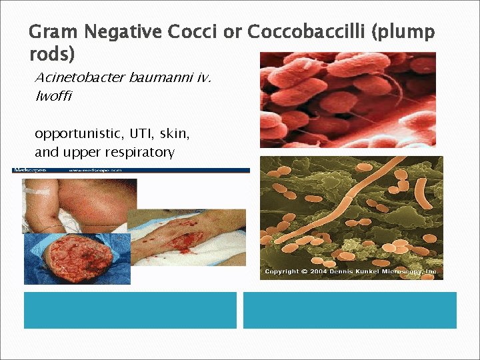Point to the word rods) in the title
(x=52, y=55)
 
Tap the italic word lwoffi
(x=53, y=96)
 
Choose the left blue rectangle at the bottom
(x=130, y=310)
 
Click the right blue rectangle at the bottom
(x=349, y=310)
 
